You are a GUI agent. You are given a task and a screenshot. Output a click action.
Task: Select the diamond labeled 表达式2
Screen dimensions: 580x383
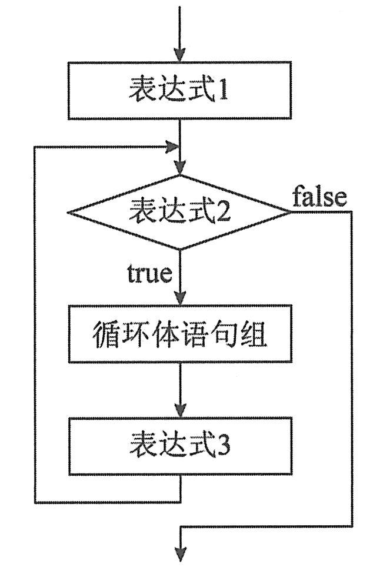point(179,211)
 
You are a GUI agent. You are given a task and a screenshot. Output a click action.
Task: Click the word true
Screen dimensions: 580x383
point(149,274)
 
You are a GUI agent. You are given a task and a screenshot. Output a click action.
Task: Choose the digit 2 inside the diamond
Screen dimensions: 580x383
point(223,213)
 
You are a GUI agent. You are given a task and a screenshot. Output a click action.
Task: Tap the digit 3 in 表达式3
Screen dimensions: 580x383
point(224,447)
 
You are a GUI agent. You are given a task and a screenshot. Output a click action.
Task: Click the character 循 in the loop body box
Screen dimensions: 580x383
point(106,334)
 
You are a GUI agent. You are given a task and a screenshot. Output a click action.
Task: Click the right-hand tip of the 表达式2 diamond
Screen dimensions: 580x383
point(290,212)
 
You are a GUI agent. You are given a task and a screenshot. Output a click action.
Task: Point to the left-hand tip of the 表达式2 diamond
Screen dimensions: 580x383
point(68,212)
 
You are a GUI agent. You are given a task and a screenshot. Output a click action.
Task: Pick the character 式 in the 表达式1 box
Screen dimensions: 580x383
point(197,92)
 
